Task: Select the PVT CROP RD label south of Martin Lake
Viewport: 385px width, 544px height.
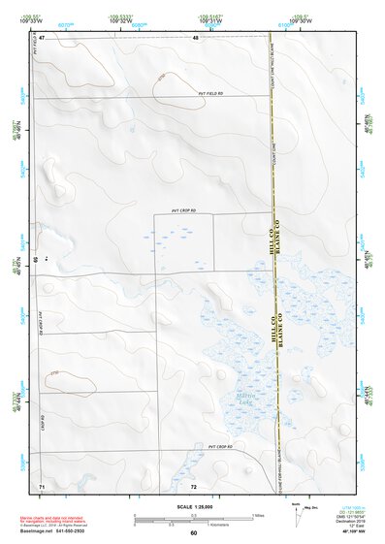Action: point(222,446)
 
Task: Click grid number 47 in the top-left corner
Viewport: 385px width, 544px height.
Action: point(42,37)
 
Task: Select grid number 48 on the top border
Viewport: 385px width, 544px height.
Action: point(195,37)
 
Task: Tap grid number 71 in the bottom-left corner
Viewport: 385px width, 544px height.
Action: point(42,485)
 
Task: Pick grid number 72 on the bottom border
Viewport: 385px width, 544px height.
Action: point(194,485)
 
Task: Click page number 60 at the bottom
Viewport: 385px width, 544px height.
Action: point(194,532)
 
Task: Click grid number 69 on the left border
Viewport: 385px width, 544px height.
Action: point(37,260)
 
